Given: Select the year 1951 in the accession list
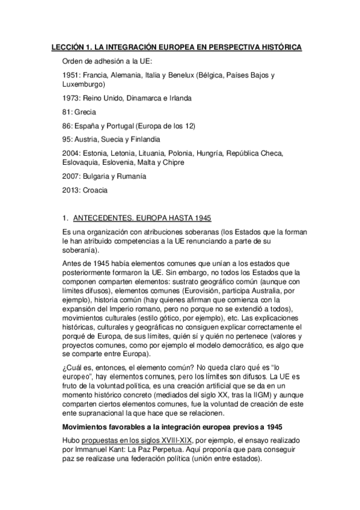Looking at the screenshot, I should click(x=72, y=75).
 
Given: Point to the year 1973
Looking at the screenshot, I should click(x=72, y=98).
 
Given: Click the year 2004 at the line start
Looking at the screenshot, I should click(x=72, y=153).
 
